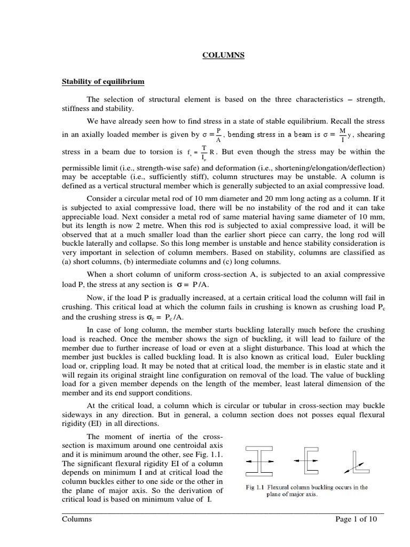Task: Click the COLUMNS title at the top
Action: (x=223, y=55)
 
